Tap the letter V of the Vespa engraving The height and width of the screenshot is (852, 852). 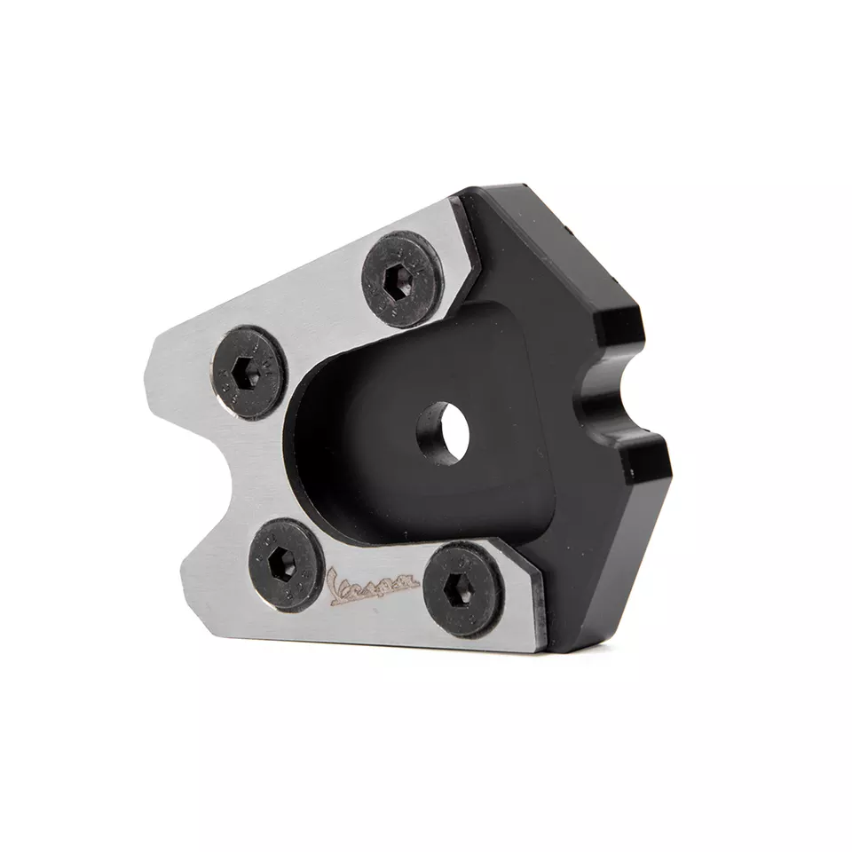(x=335, y=588)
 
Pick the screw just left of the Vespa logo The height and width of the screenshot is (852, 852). (x=285, y=564)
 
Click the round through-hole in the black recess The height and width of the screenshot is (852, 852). (x=444, y=434)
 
